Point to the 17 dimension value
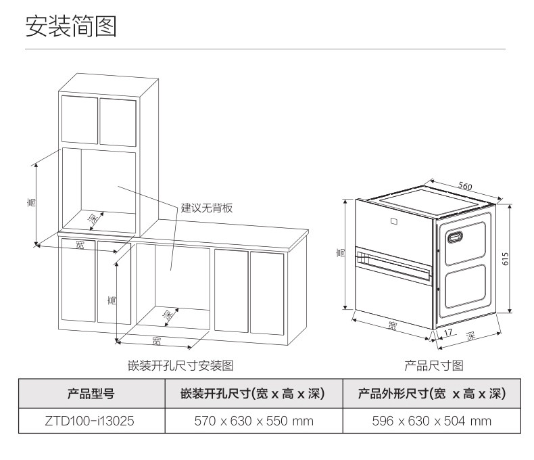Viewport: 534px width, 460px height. click(x=447, y=333)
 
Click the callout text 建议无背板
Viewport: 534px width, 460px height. click(x=206, y=208)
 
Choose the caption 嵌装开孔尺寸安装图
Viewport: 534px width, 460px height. click(x=180, y=366)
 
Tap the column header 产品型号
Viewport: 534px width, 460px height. click(x=91, y=394)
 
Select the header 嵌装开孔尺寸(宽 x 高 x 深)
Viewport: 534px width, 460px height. click(x=253, y=394)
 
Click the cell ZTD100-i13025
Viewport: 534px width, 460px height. click(x=91, y=421)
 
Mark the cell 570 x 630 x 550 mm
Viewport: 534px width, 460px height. click(x=253, y=421)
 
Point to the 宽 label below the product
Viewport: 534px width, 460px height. click(x=393, y=326)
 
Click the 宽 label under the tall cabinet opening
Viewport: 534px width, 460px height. click(x=80, y=244)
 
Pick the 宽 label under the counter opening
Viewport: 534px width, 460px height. click(x=156, y=338)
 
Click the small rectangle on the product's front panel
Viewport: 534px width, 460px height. click(x=395, y=220)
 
